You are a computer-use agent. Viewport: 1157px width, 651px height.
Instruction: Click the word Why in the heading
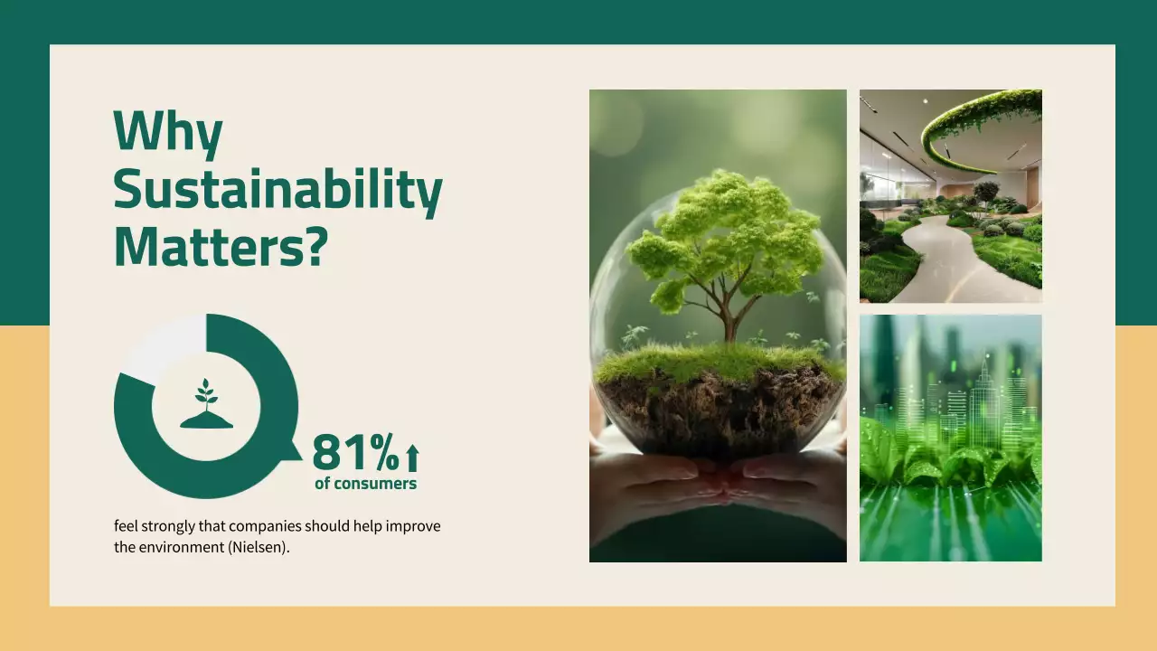(167, 132)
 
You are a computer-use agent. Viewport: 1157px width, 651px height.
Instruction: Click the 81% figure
(355, 453)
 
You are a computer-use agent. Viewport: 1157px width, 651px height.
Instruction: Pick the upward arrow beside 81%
(412, 458)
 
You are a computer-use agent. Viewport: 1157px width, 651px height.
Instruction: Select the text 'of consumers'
(365, 484)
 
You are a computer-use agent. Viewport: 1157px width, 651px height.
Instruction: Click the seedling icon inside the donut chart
(206, 404)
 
